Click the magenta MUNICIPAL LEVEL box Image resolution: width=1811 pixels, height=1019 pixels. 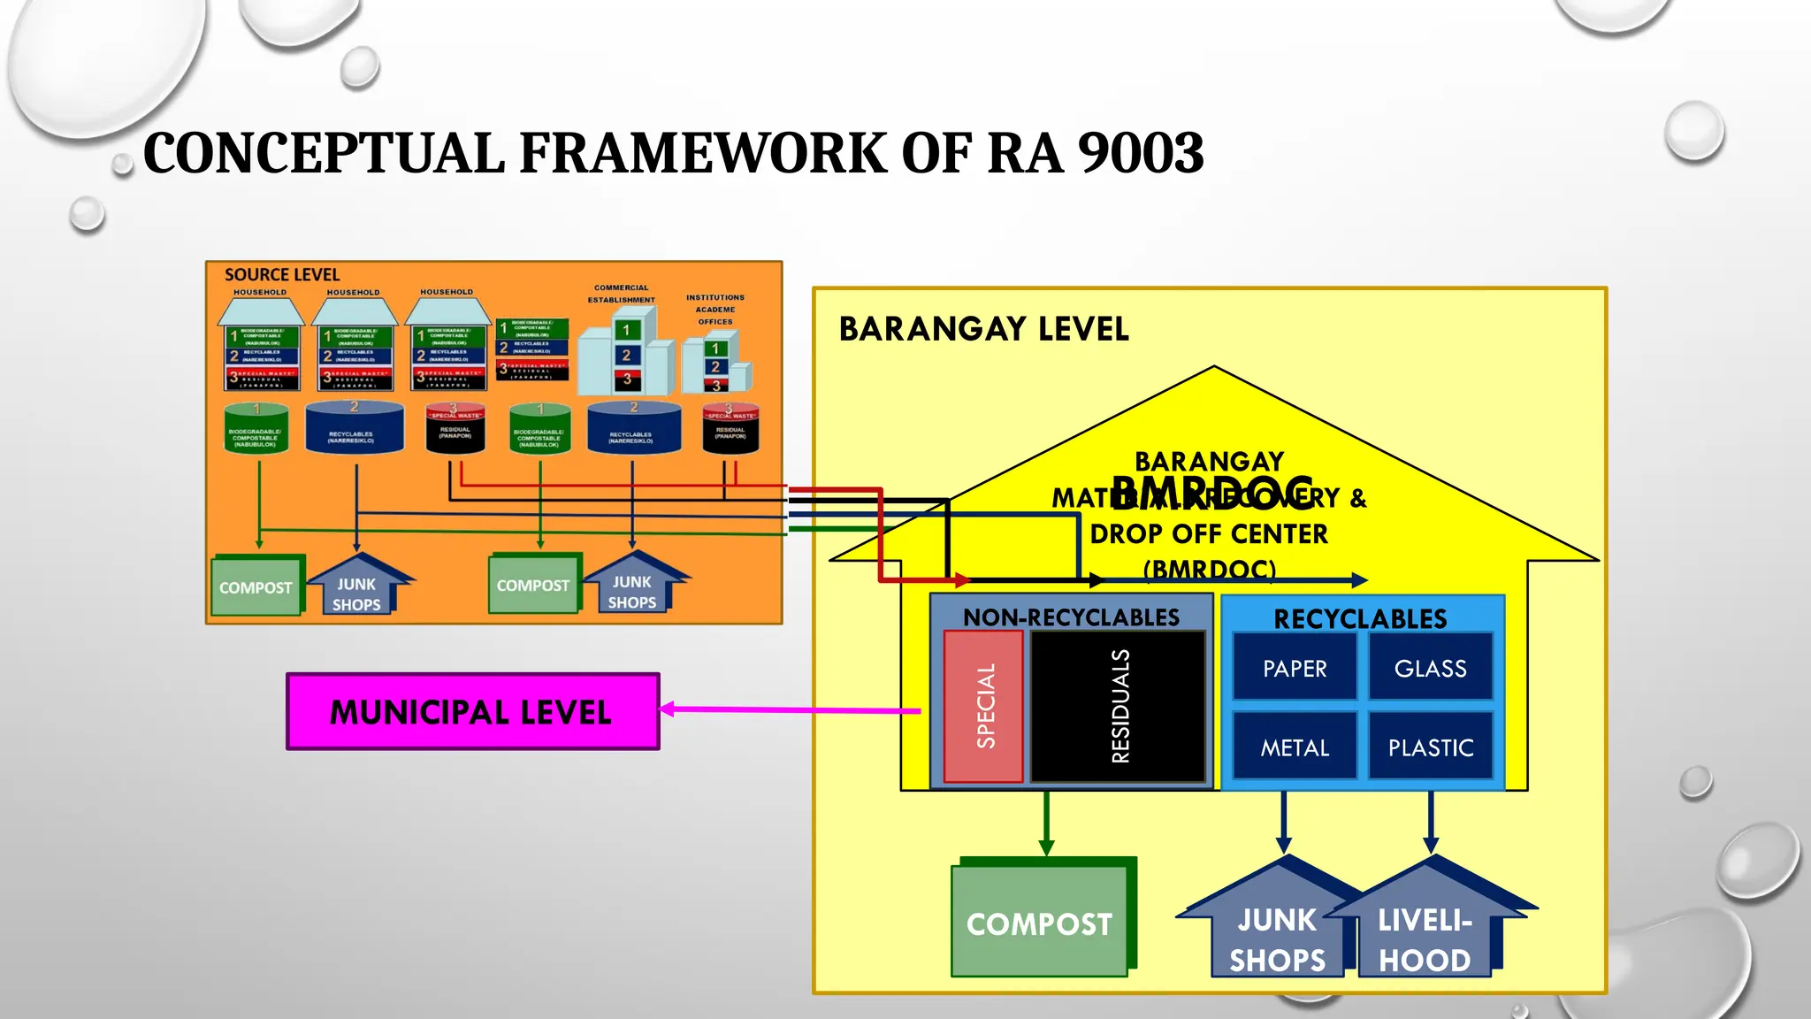(472, 712)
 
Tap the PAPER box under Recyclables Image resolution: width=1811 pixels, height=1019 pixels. (1295, 668)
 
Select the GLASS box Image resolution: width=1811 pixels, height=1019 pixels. (1430, 668)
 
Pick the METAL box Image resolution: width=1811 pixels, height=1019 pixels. (1295, 747)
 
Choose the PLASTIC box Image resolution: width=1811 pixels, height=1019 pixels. (1430, 747)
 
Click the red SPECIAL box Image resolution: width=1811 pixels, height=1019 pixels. (984, 706)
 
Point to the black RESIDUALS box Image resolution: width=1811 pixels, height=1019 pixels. (1119, 706)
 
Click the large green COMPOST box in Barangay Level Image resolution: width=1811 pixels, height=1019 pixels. (1039, 923)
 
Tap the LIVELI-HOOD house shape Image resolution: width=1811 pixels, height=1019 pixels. (1425, 938)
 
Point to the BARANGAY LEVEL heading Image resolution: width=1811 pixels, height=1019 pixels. (983, 329)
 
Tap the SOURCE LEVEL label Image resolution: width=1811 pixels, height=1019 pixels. (281, 275)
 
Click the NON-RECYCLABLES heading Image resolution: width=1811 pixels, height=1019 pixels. (1071, 617)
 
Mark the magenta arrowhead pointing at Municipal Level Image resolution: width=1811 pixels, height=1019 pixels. (668, 709)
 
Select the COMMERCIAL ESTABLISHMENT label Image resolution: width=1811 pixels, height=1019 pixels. (622, 294)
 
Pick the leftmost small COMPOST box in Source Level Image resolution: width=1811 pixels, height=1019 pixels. (256, 587)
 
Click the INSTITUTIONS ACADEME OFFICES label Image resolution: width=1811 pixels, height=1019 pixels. (715, 310)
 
